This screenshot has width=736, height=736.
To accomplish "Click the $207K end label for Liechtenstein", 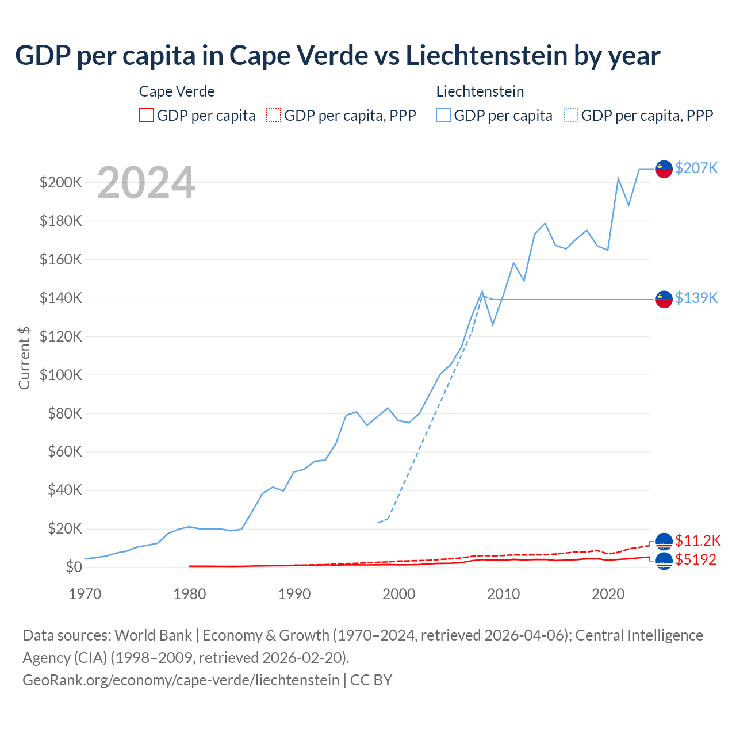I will (696, 168).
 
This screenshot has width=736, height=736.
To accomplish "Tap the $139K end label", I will (696, 298).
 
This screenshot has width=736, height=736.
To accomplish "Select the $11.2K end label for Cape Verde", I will (697, 540).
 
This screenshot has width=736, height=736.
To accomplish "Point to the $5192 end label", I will (696, 559).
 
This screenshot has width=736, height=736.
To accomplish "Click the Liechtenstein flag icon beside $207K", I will (664, 169).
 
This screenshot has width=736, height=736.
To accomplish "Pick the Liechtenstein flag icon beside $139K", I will (664, 299).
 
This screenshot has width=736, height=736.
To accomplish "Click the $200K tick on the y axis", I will (61, 183).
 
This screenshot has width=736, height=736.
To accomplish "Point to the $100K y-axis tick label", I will (61, 375).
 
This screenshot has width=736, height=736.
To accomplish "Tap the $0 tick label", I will (74, 567).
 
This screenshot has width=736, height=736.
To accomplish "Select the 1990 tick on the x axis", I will (294, 594).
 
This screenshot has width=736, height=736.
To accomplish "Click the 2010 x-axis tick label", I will (504, 594).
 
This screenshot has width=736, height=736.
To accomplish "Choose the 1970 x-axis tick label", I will (85, 594).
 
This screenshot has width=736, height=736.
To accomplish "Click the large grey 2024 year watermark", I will (146, 183).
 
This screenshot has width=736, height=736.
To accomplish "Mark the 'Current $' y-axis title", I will (24, 358).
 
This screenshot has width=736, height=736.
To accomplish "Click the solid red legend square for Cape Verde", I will (147, 115).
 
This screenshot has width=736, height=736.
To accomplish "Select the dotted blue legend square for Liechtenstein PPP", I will (571, 115).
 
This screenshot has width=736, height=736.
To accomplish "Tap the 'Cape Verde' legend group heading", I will (177, 91).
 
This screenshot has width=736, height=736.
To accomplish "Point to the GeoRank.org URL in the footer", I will (181, 680).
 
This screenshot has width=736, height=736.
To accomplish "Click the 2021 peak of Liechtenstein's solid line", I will (618, 178).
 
